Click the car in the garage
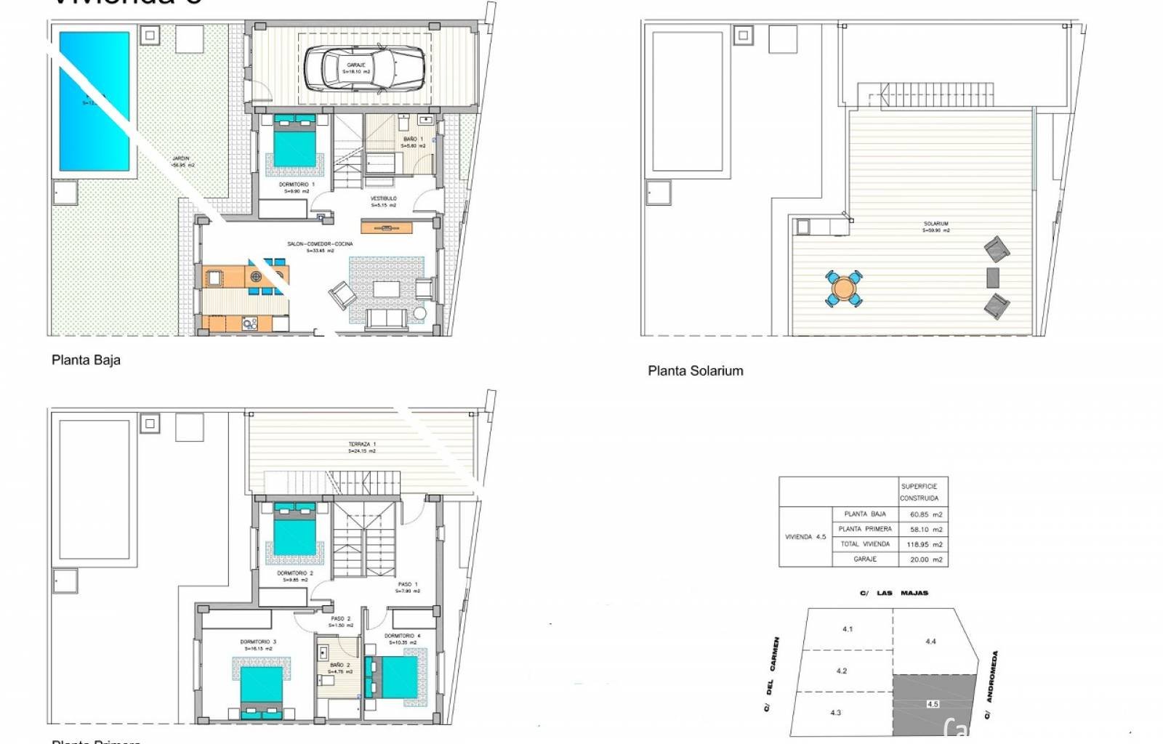[363, 68]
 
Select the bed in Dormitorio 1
[294, 142]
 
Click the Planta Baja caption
[86, 360]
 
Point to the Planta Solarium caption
[695, 371]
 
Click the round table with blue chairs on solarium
[843, 288]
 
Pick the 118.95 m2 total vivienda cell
[925, 544]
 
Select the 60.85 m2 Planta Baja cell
[925, 514]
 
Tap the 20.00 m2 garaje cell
[925, 559]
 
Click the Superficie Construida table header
[919, 492]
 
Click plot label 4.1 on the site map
[847, 629]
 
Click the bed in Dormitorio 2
[294, 532]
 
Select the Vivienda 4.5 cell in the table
[805, 537]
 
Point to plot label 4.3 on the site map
[835, 713]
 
